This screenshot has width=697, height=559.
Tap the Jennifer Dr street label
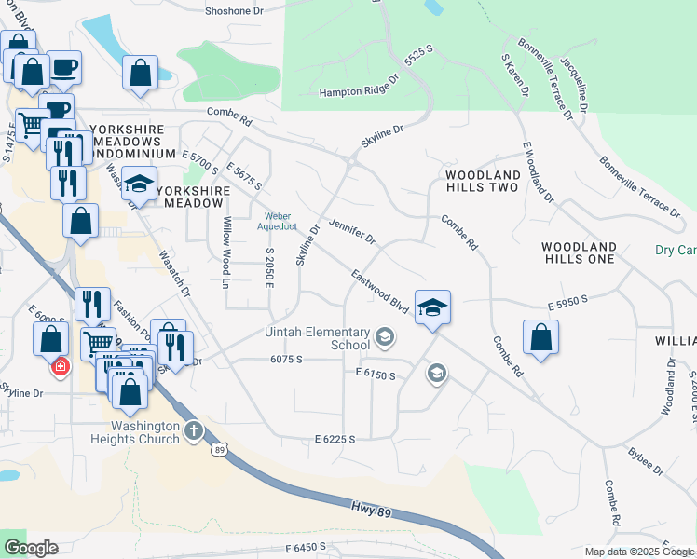(x=351, y=231)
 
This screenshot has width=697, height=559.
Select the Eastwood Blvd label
(x=380, y=291)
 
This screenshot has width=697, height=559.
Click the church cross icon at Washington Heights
(x=193, y=429)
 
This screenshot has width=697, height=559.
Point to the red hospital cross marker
(x=61, y=366)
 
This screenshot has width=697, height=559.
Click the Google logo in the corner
(x=31, y=548)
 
